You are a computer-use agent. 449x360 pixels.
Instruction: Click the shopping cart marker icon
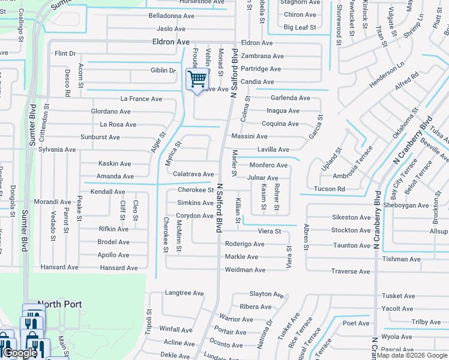(197, 79)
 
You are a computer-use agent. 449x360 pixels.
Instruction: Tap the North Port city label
(59, 304)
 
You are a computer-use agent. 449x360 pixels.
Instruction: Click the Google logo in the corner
(20, 353)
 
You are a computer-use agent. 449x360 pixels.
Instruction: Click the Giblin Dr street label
(163, 70)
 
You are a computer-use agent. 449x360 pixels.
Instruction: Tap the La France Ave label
(141, 98)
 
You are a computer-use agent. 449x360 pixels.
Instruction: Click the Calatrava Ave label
(193, 174)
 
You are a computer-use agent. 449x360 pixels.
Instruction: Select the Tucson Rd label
(330, 189)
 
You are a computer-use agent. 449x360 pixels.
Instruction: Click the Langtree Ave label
(184, 293)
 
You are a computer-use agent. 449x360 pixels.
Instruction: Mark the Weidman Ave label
(245, 270)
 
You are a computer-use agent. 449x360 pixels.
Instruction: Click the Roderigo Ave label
(244, 244)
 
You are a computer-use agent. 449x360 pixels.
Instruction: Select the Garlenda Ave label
(290, 98)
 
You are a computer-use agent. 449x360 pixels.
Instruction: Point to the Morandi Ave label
(53, 202)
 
